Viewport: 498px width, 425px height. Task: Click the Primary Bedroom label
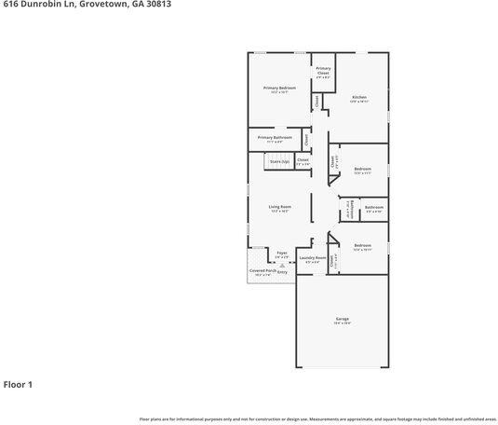point(279,88)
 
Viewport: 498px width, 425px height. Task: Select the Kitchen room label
point(359,98)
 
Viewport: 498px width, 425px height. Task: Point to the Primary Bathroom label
point(275,137)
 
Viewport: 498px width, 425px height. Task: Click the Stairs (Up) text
point(279,161)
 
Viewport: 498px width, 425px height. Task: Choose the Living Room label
point(280,207)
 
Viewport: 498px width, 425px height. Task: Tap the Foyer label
point(282,252)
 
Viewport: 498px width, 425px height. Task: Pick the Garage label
point(343,319)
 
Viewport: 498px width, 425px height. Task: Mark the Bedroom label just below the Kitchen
point(363,169)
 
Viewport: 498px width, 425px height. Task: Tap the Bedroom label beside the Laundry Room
point(363,245)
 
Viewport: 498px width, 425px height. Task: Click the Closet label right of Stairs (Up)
point(303,159)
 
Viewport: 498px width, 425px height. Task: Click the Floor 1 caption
point(19,383)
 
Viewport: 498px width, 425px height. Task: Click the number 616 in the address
point(10,5)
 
